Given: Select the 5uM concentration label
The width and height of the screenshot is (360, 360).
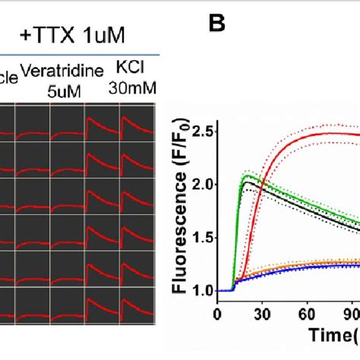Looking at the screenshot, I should [x=53, y=88].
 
